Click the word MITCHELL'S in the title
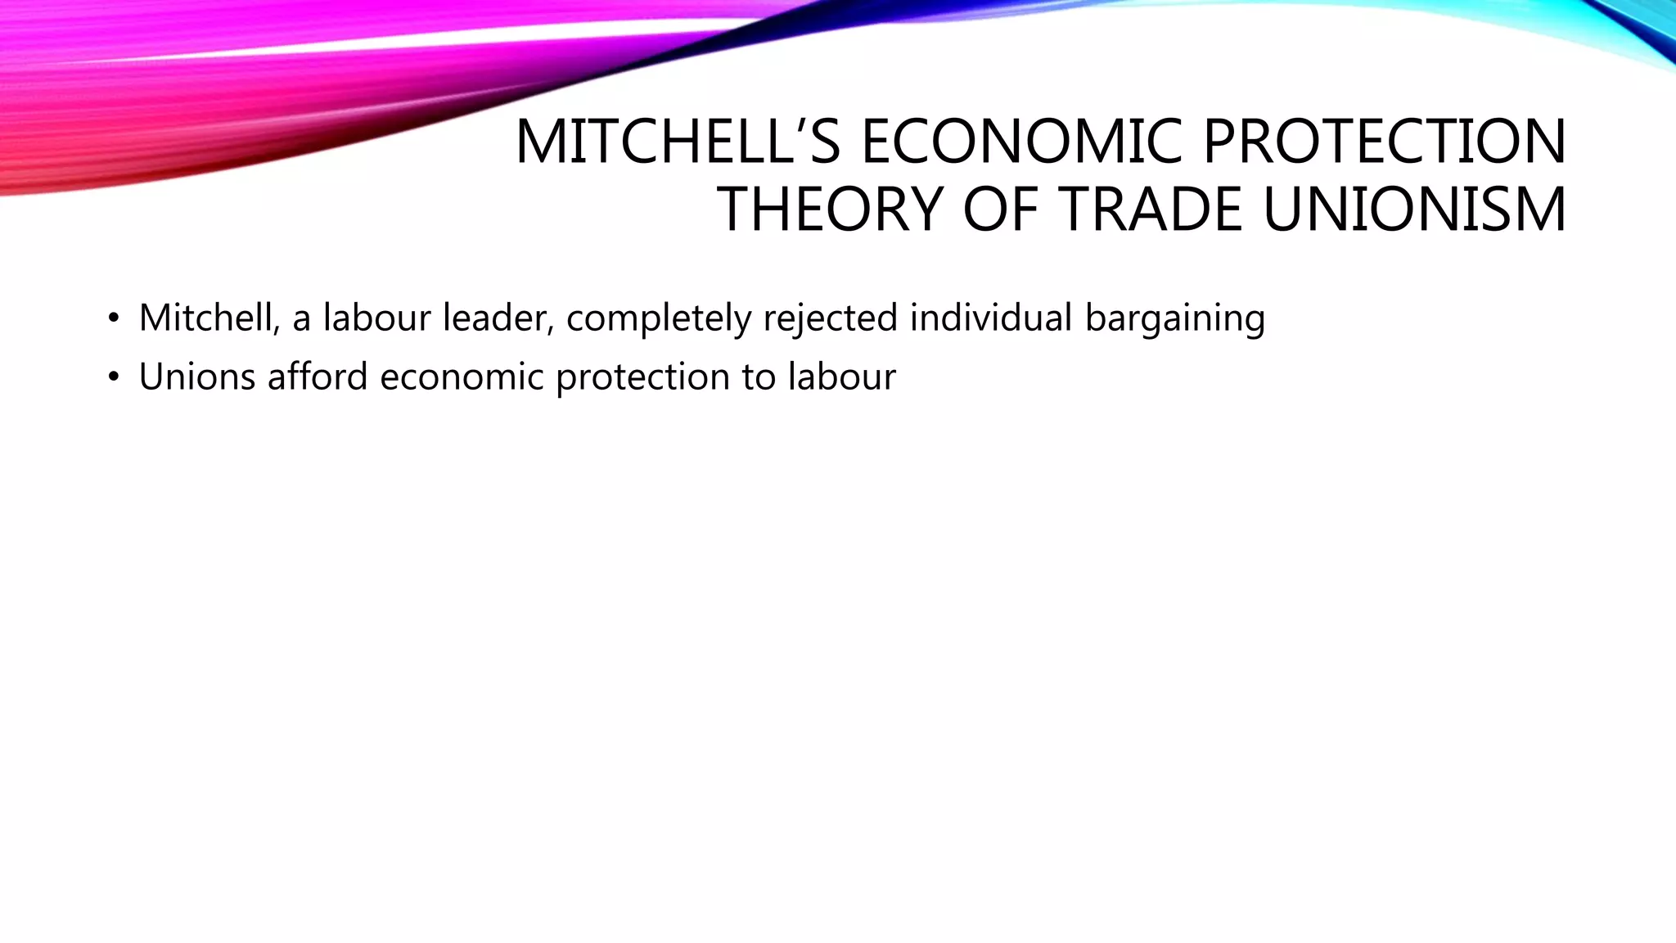click(x=678, y=142)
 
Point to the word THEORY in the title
click(x=831, y=210)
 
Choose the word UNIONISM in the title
click(x=1414, y=210)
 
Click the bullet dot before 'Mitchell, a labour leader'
click(x=113, y=318)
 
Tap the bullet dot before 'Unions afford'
click(x=113, y=377)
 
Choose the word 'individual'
click(x=990, y=318)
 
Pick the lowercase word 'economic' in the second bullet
click(x=462, y=377)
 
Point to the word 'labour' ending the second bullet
click(x=842, y=377)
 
